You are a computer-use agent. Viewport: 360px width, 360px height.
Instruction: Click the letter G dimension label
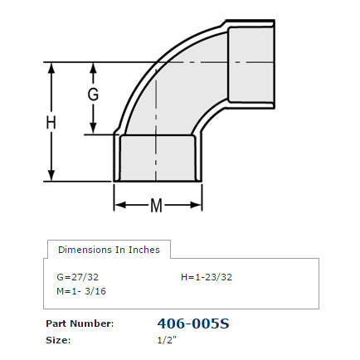(94, 95)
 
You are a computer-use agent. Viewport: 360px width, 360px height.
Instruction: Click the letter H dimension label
(51, 123)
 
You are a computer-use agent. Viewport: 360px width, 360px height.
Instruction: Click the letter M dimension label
(156, 206)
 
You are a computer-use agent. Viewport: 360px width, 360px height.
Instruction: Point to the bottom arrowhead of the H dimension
(52, 175)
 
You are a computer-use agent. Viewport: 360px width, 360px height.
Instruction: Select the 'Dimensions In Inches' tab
(109, 249)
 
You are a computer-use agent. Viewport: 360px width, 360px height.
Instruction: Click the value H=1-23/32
(207, 276)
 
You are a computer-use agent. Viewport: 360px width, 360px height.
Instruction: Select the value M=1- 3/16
(80, 290)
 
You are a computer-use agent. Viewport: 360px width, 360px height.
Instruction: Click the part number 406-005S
(192, 324)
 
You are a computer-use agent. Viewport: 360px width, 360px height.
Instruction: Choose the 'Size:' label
(58, 339)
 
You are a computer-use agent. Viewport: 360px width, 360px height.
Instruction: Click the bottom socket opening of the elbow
(158, 158)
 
